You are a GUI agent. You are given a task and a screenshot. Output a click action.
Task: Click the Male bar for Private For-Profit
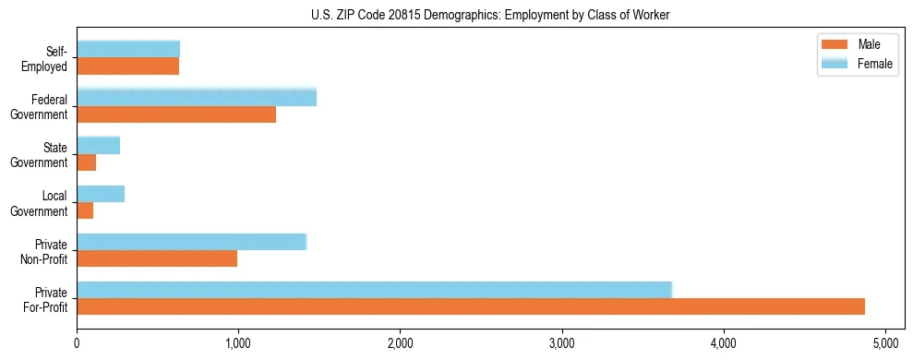pyautogui.click(x=471, y=306)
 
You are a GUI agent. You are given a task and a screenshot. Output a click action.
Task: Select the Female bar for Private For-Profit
pyautogui.click(x=374, y=290)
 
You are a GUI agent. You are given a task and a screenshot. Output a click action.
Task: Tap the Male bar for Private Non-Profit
pyautogui.click(x=157, y=258)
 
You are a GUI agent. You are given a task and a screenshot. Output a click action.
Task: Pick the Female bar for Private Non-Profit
pyautogui.click(x=191, y=242)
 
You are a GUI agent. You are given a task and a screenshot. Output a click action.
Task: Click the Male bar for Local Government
pyautogui.click(x=85, y=210)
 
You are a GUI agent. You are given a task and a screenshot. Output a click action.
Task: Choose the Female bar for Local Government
pyautogui.click(x=101, y=194)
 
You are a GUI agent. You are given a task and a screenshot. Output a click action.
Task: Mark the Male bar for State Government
pyautogui.click(x=87, y=162)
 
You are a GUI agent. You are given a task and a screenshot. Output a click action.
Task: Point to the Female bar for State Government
pyautogui.click(x=98, y=146)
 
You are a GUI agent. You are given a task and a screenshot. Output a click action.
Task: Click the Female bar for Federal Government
pyautogui.click(x=197, y=98)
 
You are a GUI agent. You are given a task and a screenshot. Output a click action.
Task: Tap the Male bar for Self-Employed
pyautogui.click(x=127, y=66)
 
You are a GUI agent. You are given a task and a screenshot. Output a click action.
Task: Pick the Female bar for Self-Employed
pyautogui.click(x=128, y=50)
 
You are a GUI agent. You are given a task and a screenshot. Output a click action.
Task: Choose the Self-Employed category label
pyautogui.click(x=49, y=58)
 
